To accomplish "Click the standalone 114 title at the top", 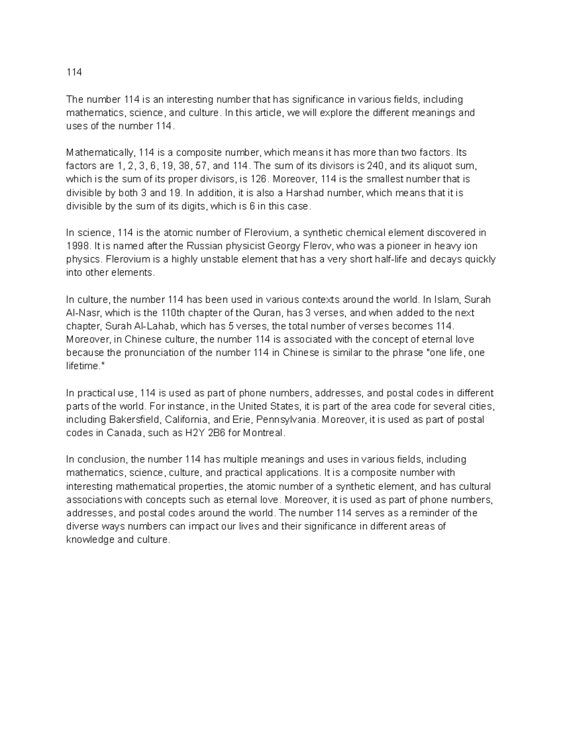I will tap(74, 72).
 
